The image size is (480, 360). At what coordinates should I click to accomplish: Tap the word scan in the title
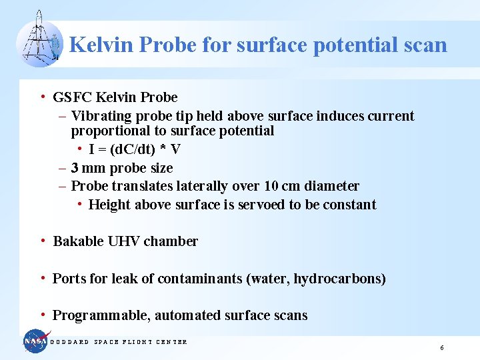point(423,45)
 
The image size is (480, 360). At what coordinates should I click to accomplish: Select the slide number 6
point(441,348)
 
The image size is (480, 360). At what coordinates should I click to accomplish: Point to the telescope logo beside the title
point(39,41)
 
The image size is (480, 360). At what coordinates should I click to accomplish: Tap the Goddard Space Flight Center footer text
point(119,342)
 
